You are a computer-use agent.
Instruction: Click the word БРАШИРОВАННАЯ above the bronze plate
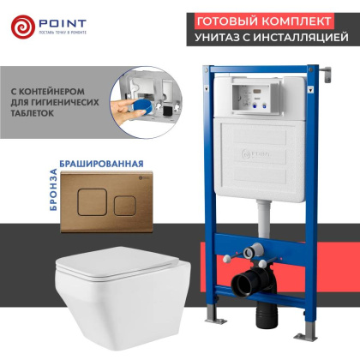(95, 162)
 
